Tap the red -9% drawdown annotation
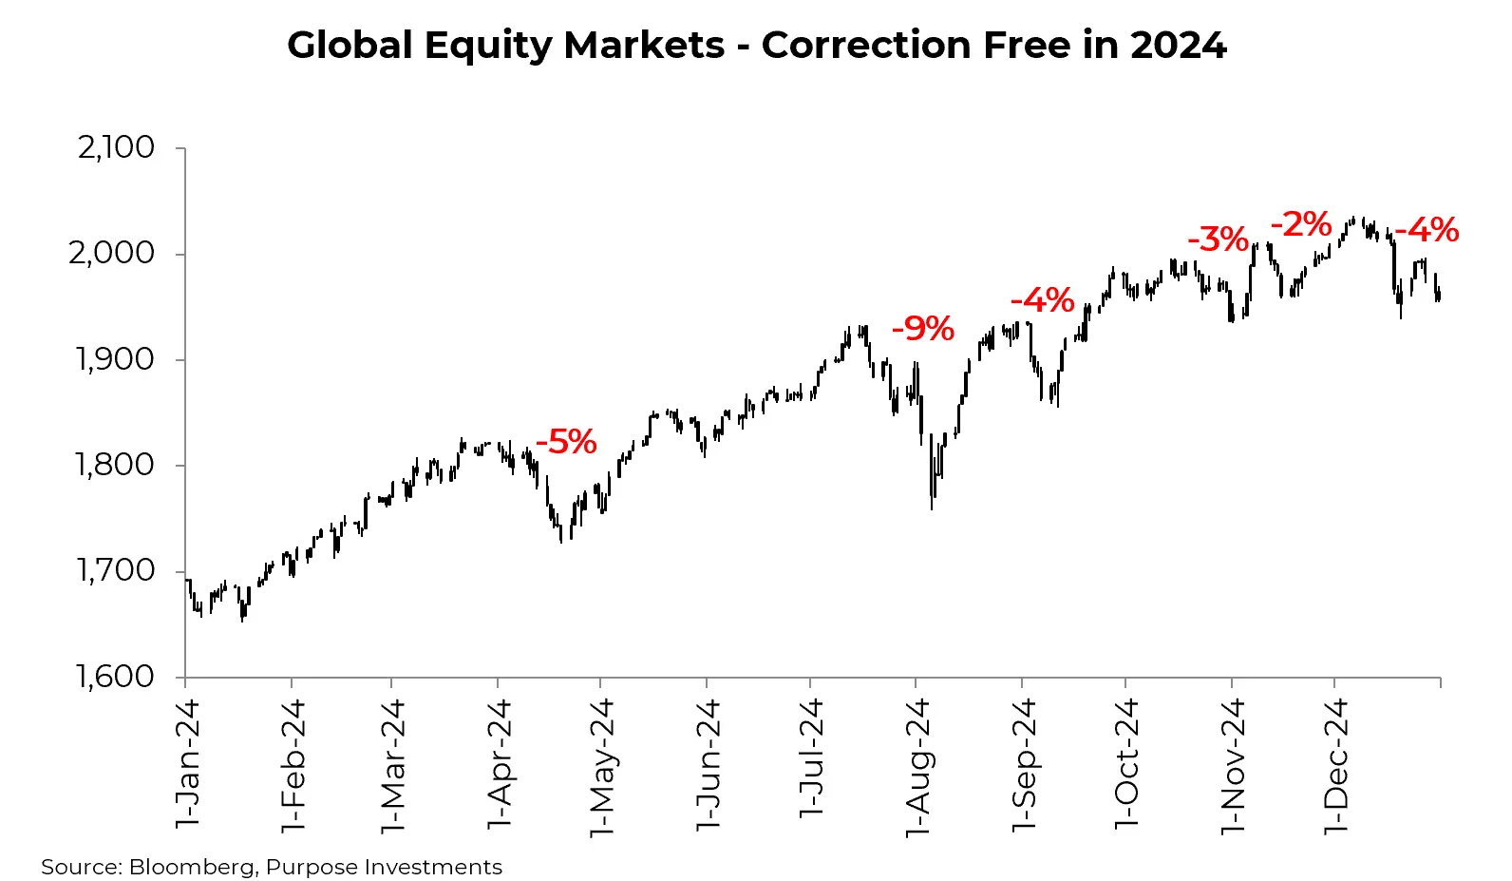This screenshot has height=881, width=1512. click(x=922, y=329)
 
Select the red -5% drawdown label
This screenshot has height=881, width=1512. click(x=566, y=442)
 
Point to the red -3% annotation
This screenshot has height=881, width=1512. click(x=1218, y=239)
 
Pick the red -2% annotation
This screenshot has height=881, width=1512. click(x=1301, y=225)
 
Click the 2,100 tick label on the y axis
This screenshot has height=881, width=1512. click(x=116, y=147)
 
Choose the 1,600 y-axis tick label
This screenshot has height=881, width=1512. click(x=115, y=677)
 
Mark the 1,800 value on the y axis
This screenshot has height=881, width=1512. click(x=115, y=465)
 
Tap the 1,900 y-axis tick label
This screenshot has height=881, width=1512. click(x=115, y=359)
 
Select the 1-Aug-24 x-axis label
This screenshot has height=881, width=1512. click(x=917, y=768)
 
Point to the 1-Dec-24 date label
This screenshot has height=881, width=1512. click(x=1335, y=766)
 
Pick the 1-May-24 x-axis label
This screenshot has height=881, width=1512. click(x=601, y=768)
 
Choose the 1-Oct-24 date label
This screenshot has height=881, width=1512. click(x=1126, y=764)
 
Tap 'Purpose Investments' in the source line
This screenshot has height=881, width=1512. click(x=384, y=867)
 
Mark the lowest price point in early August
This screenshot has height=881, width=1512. click(x=931, y=508)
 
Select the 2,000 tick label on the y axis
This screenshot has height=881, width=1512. click(x=111, y=253)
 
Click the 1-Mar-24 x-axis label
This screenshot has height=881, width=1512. click(x=392, y=766)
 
